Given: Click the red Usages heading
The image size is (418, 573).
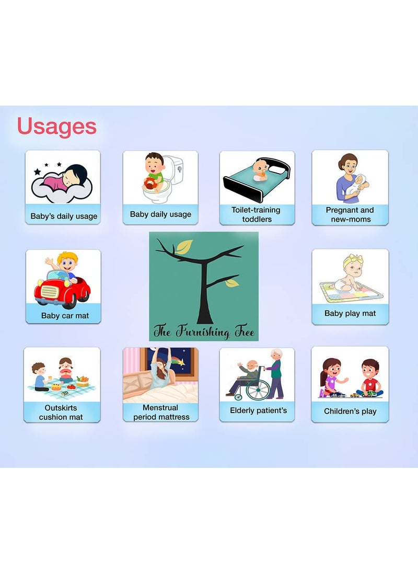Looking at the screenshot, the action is [x=57, y=127].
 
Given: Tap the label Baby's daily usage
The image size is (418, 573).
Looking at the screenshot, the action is [x=64, y=216].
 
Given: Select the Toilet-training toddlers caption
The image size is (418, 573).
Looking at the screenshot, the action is [x=256, y=214].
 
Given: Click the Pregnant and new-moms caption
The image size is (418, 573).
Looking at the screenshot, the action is [x=350, y=214].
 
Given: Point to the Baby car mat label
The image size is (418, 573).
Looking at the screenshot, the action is [x=65, y=315].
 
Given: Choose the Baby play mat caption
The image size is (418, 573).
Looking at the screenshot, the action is [x=350, y=313].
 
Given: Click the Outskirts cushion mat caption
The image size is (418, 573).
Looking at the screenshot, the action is [x=61, y=412].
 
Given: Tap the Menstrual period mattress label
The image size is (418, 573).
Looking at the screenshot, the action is [x=161, y=412].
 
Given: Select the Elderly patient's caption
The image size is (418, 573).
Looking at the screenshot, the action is [x=259, y=410].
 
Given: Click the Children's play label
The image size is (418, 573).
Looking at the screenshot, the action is [x=350, y=411].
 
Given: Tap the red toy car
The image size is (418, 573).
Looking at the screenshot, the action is [x=62, y=291].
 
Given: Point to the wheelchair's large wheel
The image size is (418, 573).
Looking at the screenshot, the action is [x=258, y=389].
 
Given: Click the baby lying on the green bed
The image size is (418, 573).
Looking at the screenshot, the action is [x=260, y=170].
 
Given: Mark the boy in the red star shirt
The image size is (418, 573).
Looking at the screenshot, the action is [x=370, y=378].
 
